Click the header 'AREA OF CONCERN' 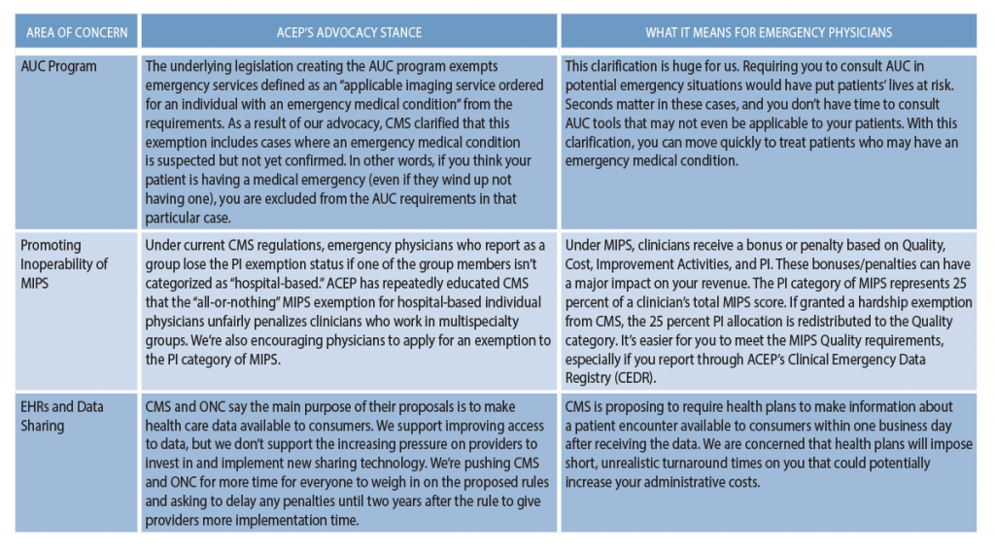click(x=77, y=32)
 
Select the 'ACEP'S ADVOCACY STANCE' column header click(x=349, y=32)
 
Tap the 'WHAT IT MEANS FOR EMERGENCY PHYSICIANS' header click(x=768, y=32)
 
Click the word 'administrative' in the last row click(x=676, y=481)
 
